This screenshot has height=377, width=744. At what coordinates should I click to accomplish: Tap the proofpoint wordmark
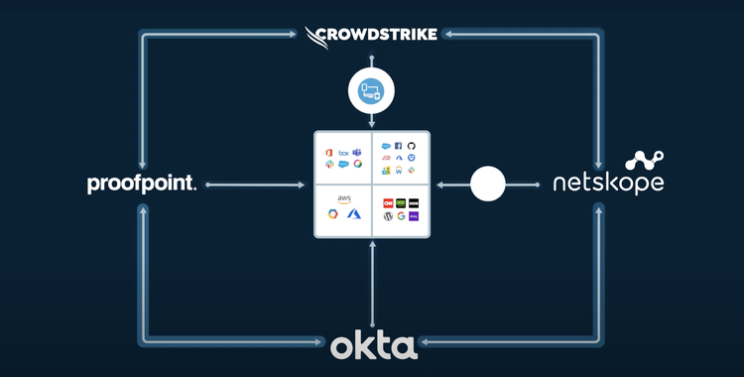tap(142, 184)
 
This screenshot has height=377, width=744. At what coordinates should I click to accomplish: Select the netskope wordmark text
tap(608, 185)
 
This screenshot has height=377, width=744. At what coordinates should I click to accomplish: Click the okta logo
tap(373, 347)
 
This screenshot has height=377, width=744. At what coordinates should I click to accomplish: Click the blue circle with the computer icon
tap(372, 92)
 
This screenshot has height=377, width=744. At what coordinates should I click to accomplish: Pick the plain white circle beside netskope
tap(487, 184)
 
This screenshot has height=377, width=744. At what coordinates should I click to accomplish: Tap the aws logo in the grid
tap(343, 198)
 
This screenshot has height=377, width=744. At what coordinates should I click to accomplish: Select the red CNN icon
tap(388, 202)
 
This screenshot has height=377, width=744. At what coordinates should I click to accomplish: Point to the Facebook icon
tap(400, 145)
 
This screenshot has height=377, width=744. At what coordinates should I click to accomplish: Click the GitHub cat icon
tap(412, 145)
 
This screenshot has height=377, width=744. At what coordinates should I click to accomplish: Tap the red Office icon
tap(329, 151)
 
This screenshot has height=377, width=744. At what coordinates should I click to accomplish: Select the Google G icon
tap(400, 216)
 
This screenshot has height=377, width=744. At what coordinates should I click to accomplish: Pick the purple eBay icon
tap(414, 216)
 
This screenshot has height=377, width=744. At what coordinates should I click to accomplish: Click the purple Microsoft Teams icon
tap(356, 151)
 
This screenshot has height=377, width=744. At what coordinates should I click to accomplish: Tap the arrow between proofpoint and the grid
tap(256, 184)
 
